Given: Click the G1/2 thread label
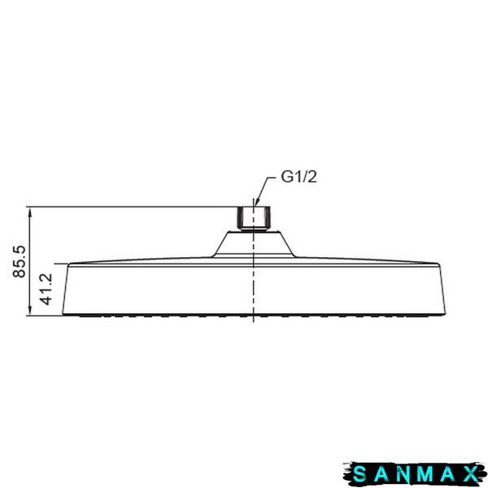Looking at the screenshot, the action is (298, 177).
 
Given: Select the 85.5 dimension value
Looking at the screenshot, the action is (20, 261).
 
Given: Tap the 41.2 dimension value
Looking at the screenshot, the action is (46, 289).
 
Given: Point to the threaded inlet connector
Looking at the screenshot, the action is (254, 220).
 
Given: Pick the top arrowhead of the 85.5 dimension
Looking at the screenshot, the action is (30, 211).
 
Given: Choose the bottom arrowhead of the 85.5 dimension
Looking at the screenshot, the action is (30, 310).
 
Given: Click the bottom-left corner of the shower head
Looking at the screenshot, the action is (63, 314).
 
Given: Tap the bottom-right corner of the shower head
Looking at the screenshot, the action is (446, 314).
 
